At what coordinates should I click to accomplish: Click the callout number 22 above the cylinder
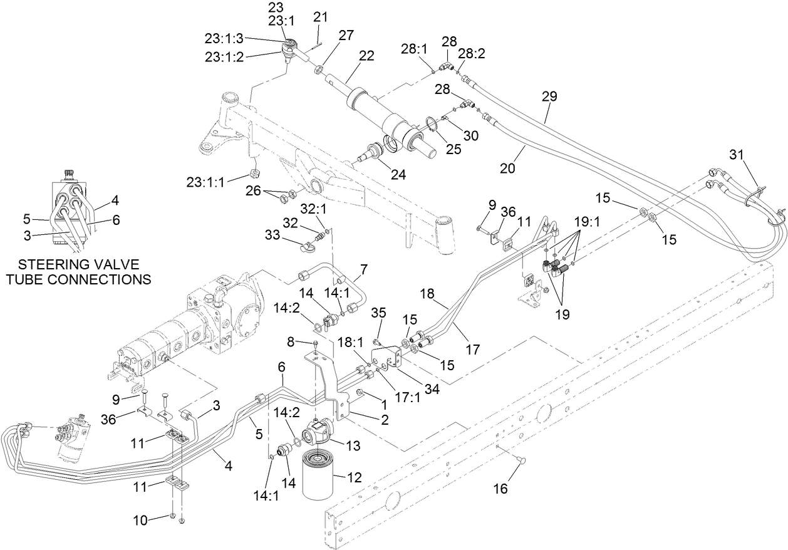click(x=366, y=56)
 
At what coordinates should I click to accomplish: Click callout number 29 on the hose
click(x=549, y=96)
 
